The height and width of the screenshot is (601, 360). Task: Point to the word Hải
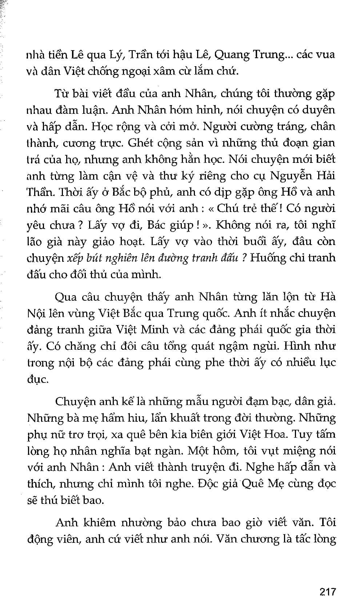click(325, 176)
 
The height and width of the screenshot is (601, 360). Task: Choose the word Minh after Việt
click(155, 329)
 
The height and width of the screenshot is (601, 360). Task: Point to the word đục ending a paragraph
click(37, 379)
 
